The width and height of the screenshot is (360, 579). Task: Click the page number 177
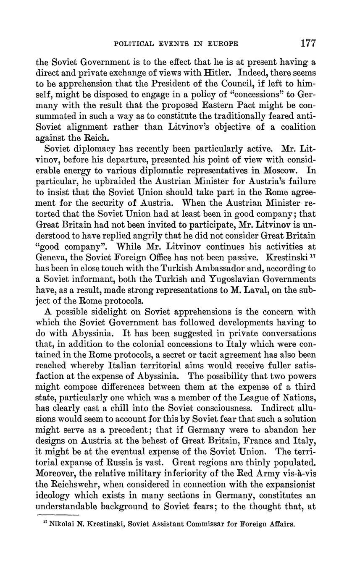pyautogui.click(x=308, y=43)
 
